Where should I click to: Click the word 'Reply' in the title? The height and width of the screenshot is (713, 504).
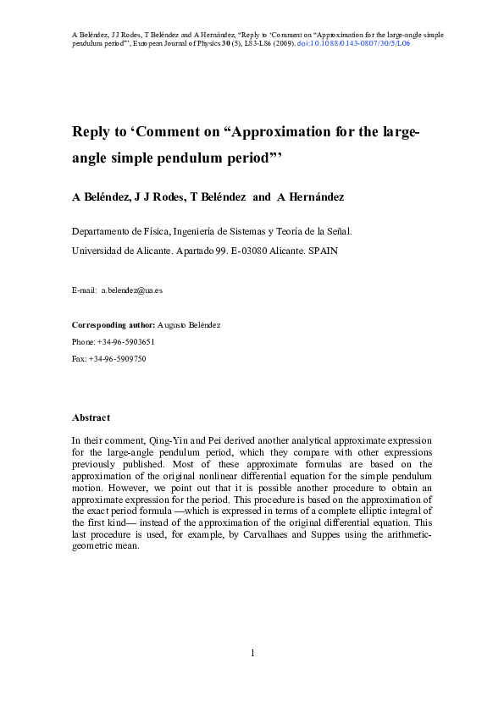coord(91,133)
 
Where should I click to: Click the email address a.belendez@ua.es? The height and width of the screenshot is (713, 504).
coord(131,290)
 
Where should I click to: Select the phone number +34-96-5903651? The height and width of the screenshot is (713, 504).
coord(125,342)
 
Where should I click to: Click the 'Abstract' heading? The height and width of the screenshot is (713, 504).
coord(91,418)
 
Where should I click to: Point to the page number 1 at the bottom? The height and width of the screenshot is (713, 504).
coord(252,653)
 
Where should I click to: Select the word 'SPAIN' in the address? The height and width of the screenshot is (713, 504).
coord(321,251)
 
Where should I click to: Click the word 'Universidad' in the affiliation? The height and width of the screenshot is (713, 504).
coord(98,251)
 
